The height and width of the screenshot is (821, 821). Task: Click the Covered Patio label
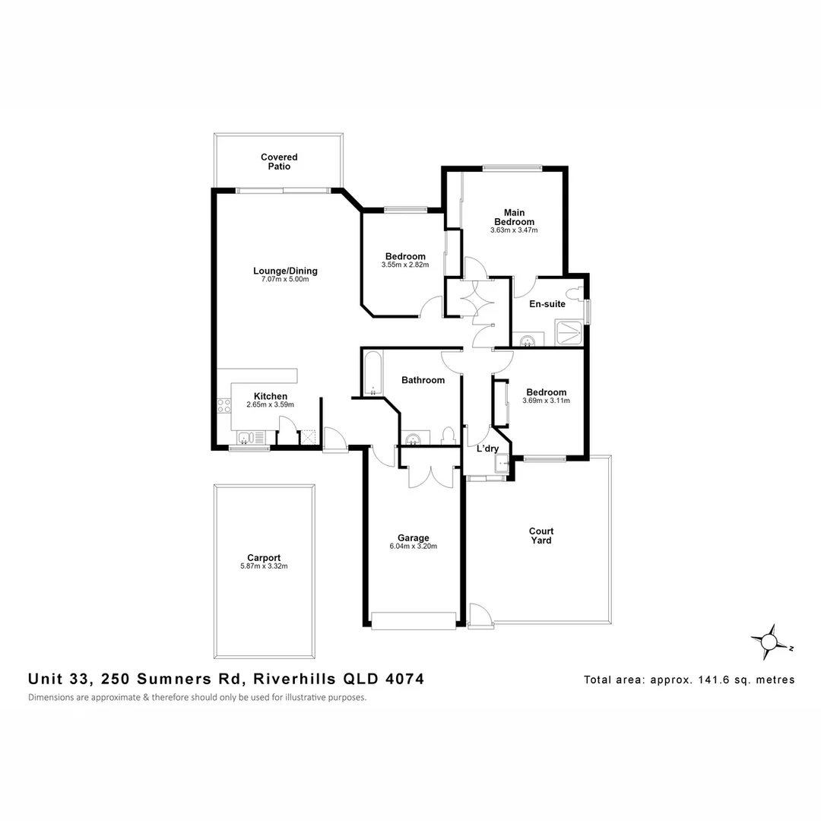(x=279, y=161)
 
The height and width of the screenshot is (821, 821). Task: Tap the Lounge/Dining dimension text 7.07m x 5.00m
(x=285, y=280)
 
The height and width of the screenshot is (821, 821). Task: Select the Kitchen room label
(x=270, y=396)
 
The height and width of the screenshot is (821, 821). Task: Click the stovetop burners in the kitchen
(x=224, y=406)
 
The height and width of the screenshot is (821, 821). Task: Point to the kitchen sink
(x=252, y=437)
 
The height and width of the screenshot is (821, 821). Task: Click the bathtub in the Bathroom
(x=373, y=372)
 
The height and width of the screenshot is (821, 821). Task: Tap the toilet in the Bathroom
(x=448, y=436)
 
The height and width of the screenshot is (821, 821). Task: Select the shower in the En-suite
(x=569, y=332)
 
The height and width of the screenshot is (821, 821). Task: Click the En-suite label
(x=547, y=303)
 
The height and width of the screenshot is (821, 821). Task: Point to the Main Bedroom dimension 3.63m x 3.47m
(x=514, y=230)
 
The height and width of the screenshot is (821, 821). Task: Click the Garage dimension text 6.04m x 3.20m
(x=413, y=547)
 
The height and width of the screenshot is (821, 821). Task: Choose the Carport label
(x=264, y=558)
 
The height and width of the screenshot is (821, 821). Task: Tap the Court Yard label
(x=541, y=536)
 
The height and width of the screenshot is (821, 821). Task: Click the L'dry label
(x=487, y=449)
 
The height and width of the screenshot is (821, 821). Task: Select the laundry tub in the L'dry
(x=502, y=464)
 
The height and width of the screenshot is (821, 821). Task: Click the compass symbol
(x=769, y=642)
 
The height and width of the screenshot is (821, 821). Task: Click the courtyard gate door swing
(x=480, y=615)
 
